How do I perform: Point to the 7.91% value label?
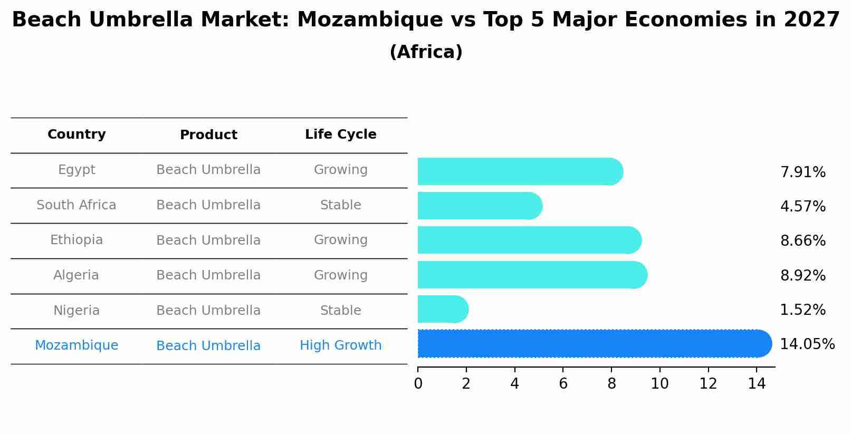(802, 172)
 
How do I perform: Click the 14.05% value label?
(807, 344)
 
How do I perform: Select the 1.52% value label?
(802, 310)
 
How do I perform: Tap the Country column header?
(77, 134)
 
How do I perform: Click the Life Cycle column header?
(340, 134)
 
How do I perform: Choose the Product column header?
(208, 135)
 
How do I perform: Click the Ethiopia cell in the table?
(77, 240)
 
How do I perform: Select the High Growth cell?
(340, 345)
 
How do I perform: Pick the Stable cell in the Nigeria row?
(340, 311)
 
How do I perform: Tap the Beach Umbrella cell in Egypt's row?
(208, 170)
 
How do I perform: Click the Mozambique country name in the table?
(77, 345)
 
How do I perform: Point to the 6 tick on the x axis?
(563, 383)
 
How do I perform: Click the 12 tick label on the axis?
(708, 383)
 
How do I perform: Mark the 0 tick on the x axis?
(418, 383)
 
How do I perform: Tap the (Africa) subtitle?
(426, 52)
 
